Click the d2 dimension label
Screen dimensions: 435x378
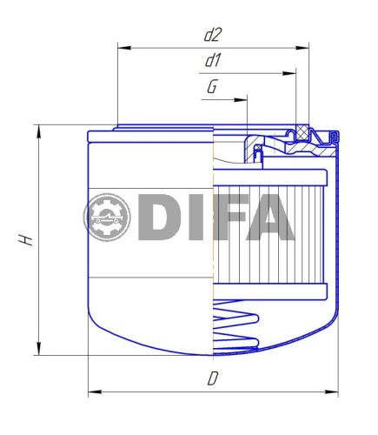tap(213, 36)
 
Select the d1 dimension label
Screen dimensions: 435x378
tap(213, 62)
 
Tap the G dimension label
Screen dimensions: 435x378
tap(212, 88)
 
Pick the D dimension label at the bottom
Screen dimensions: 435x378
tap(212, 378)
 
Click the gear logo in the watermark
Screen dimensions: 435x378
tap(106, 217)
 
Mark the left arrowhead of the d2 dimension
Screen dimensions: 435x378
tap(121, 48)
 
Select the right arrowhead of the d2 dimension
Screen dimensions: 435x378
tap(305, 48)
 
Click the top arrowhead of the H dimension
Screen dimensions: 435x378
tap(38, 130)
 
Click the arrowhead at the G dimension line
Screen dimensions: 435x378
tap(243, 100)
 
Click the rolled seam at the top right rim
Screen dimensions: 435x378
tap(331, 136)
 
